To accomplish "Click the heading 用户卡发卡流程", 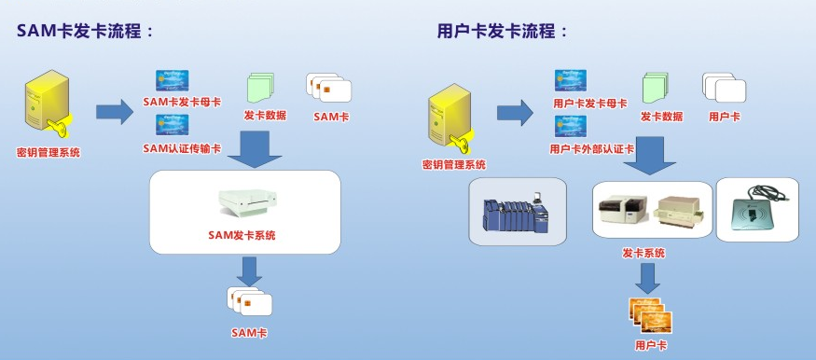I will coord(503,31).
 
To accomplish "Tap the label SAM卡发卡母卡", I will coord(184,102).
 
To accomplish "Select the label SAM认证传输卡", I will coord(182,148).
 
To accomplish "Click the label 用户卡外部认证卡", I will coord(591,148).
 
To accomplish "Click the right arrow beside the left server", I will coord(115,111).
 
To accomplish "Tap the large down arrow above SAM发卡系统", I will coord(248,148).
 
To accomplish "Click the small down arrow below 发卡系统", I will coord(650,276).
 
